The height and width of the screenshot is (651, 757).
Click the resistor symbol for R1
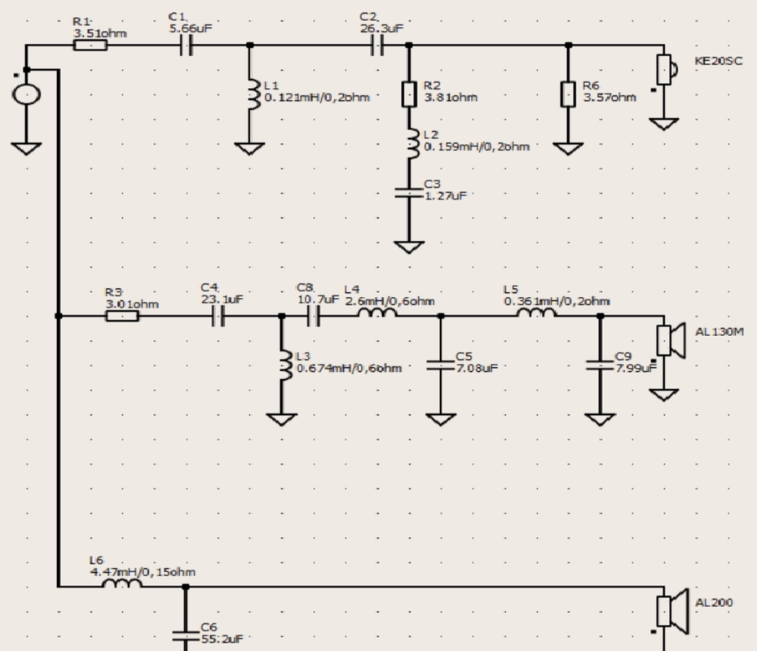click(90, 46)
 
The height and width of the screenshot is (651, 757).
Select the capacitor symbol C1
click(187, 46)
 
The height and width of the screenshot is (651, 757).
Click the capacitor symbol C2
click(377, 46)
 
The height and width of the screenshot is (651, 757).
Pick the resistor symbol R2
click(409, 94)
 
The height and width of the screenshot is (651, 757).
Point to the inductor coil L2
click(413, 143)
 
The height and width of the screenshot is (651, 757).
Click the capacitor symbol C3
click(409, 193)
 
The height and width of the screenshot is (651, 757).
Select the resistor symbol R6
click(568, 94)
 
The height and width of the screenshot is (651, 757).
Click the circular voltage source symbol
click(26, 94)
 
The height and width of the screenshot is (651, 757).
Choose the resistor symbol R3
click(122, 316)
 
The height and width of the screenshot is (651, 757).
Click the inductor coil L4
click(377, 312)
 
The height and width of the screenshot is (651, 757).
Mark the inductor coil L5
click(536, 312)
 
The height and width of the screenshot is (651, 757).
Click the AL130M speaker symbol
click(671, 340)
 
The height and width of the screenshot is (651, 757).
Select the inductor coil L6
click(122, 583)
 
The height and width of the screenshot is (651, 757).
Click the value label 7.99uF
click(636, 368)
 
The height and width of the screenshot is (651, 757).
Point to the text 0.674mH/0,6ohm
click(349, 368)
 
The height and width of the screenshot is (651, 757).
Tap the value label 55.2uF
click(222, 639)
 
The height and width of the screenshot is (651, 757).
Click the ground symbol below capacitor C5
click(441, 419)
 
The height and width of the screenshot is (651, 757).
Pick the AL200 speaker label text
click(714, 602)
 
